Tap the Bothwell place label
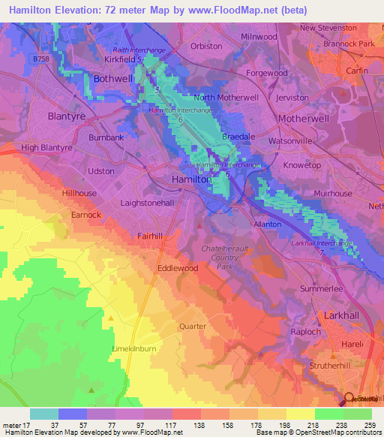pos(112,79)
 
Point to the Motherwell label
pos(304,119)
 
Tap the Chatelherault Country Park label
pos(227,257)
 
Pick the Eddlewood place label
pos(178,267)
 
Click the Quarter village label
pos(192,326)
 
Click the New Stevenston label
pos(328,28)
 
